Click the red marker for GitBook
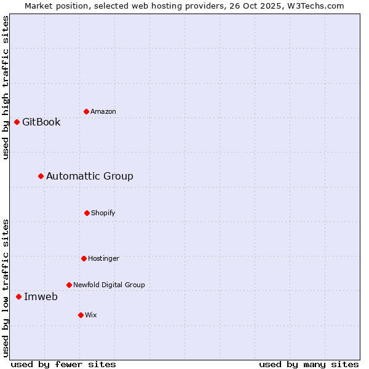17,122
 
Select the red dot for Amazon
86,111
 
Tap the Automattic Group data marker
41,177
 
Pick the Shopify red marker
87,213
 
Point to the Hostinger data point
84,258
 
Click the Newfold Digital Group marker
69,285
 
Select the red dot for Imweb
18,297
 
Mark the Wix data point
81,315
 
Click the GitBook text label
41,122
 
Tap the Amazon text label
103,111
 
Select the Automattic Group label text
90,177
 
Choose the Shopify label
103,213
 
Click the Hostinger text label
103,258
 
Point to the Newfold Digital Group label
109,285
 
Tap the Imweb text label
41,297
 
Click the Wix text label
91,315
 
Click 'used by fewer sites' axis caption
63,364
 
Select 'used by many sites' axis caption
309,364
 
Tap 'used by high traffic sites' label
6,87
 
